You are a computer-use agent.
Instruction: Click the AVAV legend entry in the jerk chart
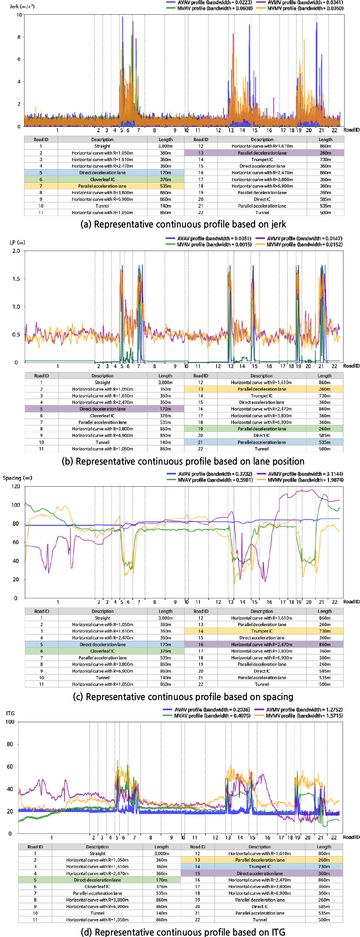[x=214, y=2]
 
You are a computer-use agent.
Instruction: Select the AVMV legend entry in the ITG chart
[x=304, y=710]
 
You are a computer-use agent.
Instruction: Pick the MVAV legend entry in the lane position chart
[x=214, y=244]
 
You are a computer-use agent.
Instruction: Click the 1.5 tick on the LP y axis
[x=16, y=279]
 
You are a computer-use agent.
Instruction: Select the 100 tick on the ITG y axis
[x=10, y=722]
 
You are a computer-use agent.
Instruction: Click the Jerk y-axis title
[x=22, y=7]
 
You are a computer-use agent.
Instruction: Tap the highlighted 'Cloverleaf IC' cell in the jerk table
[x=102, y=179]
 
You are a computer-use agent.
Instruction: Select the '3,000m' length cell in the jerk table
[x=165, y=146]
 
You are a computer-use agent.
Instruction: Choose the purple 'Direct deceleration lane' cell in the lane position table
[x=103, y=409]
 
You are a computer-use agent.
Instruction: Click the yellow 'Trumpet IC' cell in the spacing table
[x=261, y=631]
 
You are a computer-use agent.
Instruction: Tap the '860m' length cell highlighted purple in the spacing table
[x=324, y=644]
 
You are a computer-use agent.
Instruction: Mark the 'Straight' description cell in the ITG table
[x=97, y=853]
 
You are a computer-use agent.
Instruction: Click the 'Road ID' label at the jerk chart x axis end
[x=351, y=130]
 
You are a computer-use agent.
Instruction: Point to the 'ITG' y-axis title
[x=10, y=713]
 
